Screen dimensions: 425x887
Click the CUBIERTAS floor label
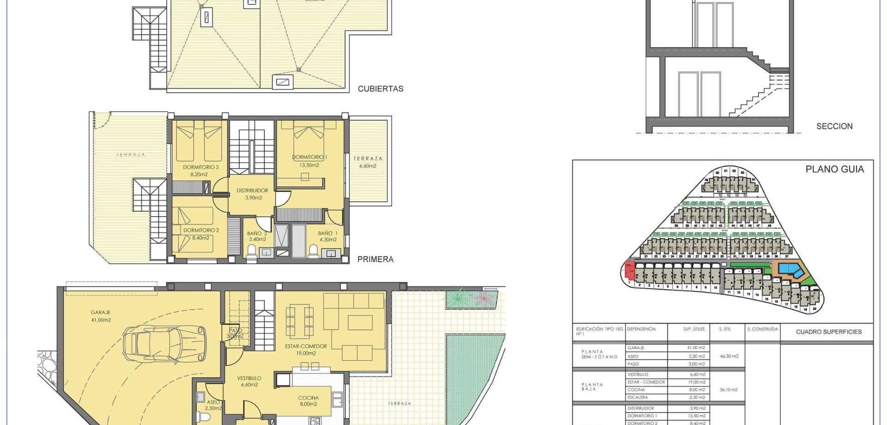point(380,89)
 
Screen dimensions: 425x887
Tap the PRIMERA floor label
point(375,259)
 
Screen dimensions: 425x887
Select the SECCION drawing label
point(834,126)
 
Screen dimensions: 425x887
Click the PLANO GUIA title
point(834,170)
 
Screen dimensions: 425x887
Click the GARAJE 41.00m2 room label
point(101,316)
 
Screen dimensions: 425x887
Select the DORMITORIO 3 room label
point(200,170)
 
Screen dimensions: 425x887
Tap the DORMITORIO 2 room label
point(201,234)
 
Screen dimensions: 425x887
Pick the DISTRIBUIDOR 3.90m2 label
point(252,194)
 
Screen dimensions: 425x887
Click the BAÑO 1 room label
point(328,236)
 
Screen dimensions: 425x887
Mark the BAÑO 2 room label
point(257,236)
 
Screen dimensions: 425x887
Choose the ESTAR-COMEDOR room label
point(306,349)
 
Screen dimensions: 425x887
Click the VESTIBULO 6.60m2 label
point(249,381)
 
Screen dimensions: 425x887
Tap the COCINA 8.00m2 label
point(308,401)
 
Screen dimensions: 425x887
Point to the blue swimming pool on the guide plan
point(790,270)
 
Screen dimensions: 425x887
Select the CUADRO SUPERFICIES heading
point(828,332)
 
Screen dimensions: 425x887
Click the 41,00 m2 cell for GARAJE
point(694,348)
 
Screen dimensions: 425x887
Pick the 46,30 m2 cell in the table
point(729,356)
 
